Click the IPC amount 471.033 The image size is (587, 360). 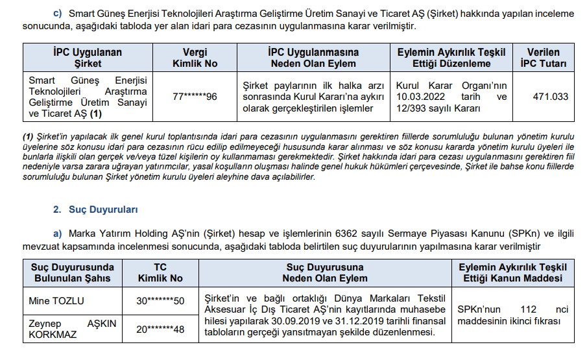point(550,97)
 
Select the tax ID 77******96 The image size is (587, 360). point(195,97)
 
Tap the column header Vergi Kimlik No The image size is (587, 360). point(195,58)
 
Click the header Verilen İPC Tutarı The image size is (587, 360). point(544,58)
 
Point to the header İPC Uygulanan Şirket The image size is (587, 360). point(88,58)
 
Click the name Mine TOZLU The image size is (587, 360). point(56,301)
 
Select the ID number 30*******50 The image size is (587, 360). point(160,301)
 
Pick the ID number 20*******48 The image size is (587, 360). point(160,330)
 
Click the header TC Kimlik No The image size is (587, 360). point(160,272)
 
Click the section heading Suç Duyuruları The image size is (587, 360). point(104,210)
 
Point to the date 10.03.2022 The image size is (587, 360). point(418,97)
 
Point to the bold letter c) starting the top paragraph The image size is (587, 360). point(58,12)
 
